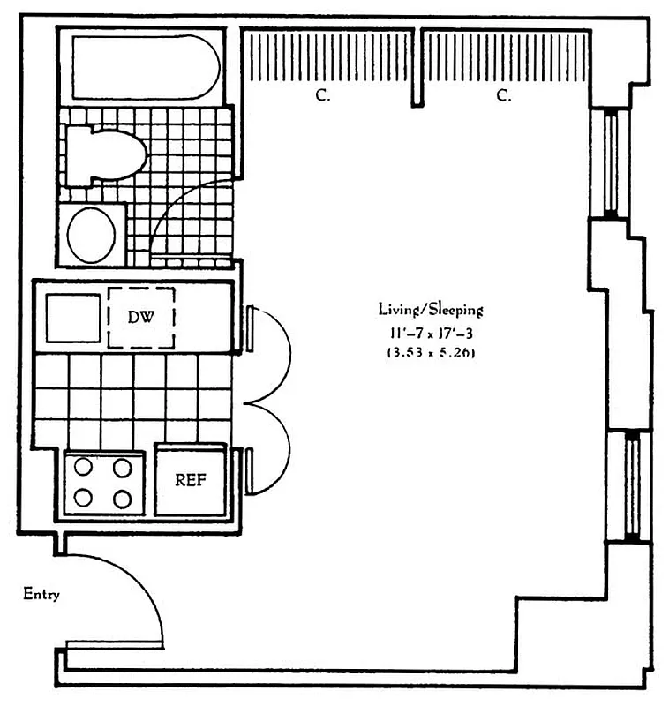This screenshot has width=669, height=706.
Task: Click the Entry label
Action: click(41, 594)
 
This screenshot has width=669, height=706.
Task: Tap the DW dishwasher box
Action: click(140, 317)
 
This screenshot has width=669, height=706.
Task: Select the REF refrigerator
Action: click(191, 480)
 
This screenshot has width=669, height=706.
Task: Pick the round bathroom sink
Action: click(92, 235)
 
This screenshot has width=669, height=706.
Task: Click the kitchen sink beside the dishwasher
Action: click(73, 318)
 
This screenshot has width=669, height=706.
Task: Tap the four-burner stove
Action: click(103, 484)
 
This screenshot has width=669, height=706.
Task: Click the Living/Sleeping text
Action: click(431, 309)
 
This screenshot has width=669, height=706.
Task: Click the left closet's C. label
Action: click(323, 96)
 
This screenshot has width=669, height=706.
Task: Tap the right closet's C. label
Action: click(504, 96)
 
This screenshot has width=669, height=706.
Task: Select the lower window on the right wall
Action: click(631, 486)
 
